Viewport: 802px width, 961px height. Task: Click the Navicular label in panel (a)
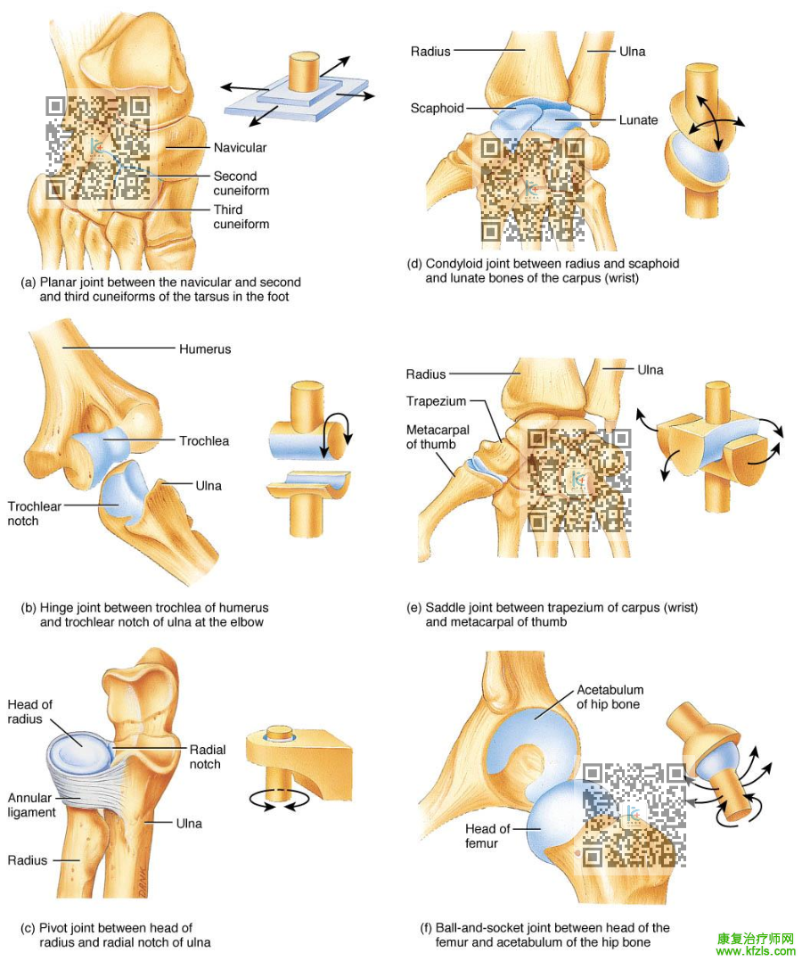pos(240,147)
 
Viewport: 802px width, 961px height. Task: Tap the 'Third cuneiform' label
pos(241,217)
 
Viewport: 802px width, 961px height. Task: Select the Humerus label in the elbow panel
pos(204,349)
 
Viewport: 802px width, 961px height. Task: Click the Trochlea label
pos(203,440)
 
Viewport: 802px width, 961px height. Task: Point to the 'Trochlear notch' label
pos(35,513)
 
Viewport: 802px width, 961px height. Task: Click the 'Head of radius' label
pos(29,711)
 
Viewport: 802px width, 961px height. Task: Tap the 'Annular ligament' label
pos(31,805)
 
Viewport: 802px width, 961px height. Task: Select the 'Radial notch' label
pos(205,757)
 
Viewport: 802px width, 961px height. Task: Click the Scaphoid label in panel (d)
pos(437,109)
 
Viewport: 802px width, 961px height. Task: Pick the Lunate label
pos(638,120)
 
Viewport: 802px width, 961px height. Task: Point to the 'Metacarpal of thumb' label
pos(431,437)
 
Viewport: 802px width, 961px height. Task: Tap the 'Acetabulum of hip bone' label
pos(610,697)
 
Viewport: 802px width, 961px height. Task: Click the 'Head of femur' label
pos(487,836)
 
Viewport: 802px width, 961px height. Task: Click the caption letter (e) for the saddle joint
pos(413,608)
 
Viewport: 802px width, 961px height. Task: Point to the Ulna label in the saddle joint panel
pos(650,370)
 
